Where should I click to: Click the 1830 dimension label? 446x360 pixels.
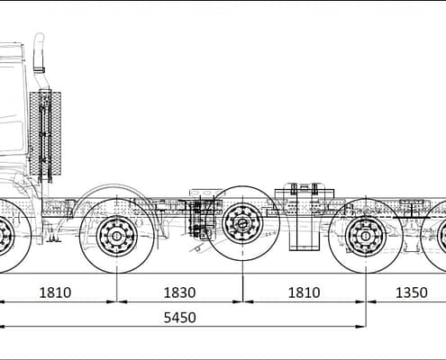click(179, 292)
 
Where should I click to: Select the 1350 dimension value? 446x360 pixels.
click(412, 292)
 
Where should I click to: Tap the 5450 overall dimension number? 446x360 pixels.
click(179, 318)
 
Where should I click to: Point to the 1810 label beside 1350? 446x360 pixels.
click(304, 292)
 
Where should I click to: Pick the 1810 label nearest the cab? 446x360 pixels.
click(55, 292)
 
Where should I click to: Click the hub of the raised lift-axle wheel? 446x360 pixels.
click(242, 223)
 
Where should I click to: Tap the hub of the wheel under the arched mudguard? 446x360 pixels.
click(116, 236)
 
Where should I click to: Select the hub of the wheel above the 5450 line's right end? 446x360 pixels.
click(366, 236)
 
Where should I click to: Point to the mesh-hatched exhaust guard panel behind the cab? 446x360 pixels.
click(45, 133)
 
